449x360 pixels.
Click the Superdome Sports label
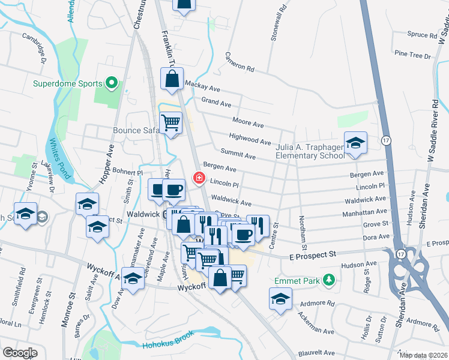click(x=67, y=83)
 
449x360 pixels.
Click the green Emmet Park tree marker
click(x=328, y=280)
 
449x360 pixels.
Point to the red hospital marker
click(x=197, y=178)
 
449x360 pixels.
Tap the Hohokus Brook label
click(x=168, y=344)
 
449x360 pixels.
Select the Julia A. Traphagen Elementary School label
click(x=309, y=151)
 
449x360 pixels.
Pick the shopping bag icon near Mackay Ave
click(x=172, y=79)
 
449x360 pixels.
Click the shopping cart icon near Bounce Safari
click(x=172, y=124)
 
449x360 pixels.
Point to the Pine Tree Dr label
click(x=411, y=55)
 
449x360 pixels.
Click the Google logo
click(x=20, y=352)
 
